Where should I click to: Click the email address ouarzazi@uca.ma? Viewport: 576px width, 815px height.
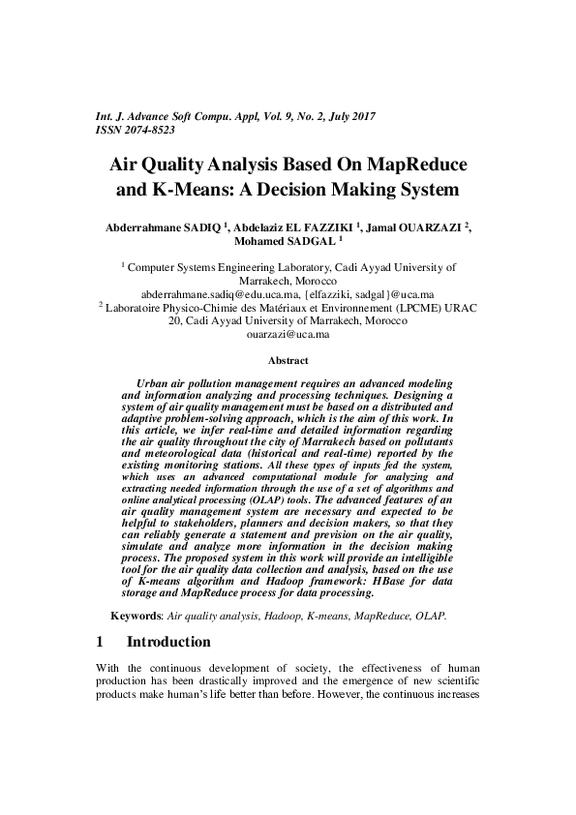288,335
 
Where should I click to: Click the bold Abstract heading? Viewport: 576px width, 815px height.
288,360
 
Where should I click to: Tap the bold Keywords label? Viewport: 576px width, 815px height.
136,616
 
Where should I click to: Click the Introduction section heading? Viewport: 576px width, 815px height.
168,642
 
